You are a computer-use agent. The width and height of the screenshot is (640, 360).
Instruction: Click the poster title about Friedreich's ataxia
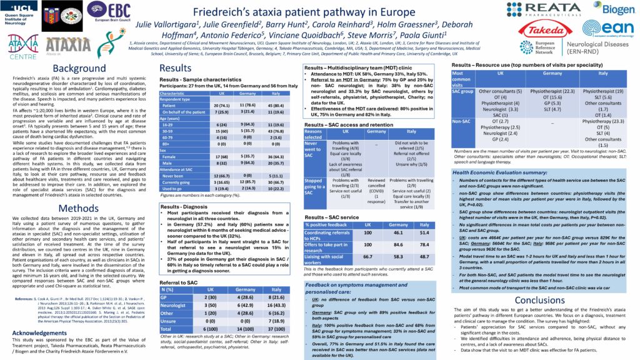(x=322, y=12)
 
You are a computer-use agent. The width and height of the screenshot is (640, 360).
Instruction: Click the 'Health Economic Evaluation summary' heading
(x=504, y=172)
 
